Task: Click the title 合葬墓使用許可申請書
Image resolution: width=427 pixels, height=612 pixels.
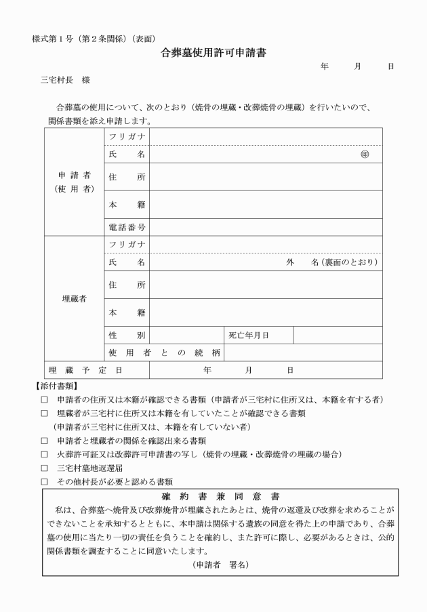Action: point(213,53)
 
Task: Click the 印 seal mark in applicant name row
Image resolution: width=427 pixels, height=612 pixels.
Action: point(365,155)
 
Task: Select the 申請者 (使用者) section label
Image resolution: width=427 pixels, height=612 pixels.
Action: point(74,182)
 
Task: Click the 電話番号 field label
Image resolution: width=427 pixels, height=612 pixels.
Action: point(127,226)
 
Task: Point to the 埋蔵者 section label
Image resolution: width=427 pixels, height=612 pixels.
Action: point(74,298)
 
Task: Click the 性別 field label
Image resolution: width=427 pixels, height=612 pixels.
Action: point(127,335)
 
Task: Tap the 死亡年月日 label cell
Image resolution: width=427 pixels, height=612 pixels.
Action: point(258,335)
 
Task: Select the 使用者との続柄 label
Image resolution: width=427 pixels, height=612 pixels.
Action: point(164,352)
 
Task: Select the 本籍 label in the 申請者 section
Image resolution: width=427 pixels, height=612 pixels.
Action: point(127,204)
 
